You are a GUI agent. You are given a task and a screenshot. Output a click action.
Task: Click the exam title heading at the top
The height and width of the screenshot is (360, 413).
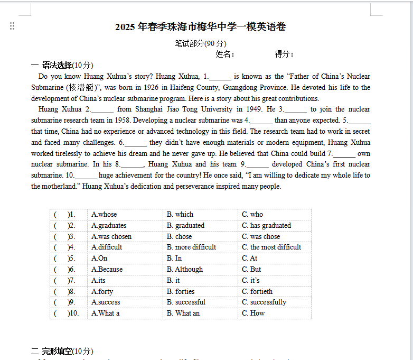coord(201,27)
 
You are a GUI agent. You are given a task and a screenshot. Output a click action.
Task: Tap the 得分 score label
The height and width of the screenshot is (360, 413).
coord(284,54)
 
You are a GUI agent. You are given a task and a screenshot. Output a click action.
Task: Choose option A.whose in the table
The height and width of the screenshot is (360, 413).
coord(104,214)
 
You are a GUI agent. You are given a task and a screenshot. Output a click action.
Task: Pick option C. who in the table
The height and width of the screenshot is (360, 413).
coord(252,214)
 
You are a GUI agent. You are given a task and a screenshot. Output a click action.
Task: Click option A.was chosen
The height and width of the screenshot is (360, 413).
coord(111,236)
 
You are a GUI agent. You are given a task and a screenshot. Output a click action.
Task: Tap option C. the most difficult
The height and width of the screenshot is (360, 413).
coord(271,247)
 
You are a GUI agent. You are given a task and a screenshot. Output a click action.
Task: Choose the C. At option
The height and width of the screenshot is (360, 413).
coord(250,258)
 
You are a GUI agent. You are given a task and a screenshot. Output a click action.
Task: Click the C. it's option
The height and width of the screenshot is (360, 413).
coord(251,280)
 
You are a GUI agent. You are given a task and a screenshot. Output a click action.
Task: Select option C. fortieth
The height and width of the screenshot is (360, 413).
coord(257,291)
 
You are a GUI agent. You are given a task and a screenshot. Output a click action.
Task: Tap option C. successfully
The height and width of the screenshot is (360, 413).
coord(264,302)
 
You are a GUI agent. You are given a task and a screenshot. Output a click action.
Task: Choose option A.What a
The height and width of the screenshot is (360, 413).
coord(106,313)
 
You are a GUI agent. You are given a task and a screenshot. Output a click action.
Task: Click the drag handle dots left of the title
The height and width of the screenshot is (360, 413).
coord(12,26)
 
